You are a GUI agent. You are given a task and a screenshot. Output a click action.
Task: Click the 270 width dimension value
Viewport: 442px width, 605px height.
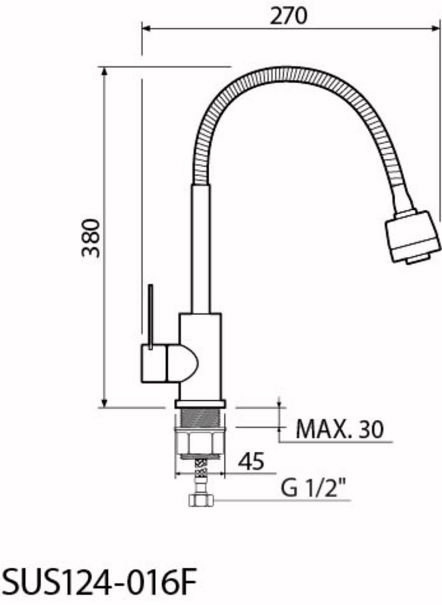click(289, 16)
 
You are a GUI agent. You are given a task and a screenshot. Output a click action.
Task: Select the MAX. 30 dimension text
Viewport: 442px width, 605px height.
click(340, 430)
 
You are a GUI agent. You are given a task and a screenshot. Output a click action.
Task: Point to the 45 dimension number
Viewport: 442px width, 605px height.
click(251, 461)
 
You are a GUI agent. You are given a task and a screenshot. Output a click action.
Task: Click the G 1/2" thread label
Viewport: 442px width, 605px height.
click(313, 489)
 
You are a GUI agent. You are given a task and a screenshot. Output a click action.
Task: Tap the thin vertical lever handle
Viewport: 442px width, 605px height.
click(151, 317)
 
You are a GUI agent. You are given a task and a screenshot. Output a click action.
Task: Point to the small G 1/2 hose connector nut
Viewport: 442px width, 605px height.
click(201, 501)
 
